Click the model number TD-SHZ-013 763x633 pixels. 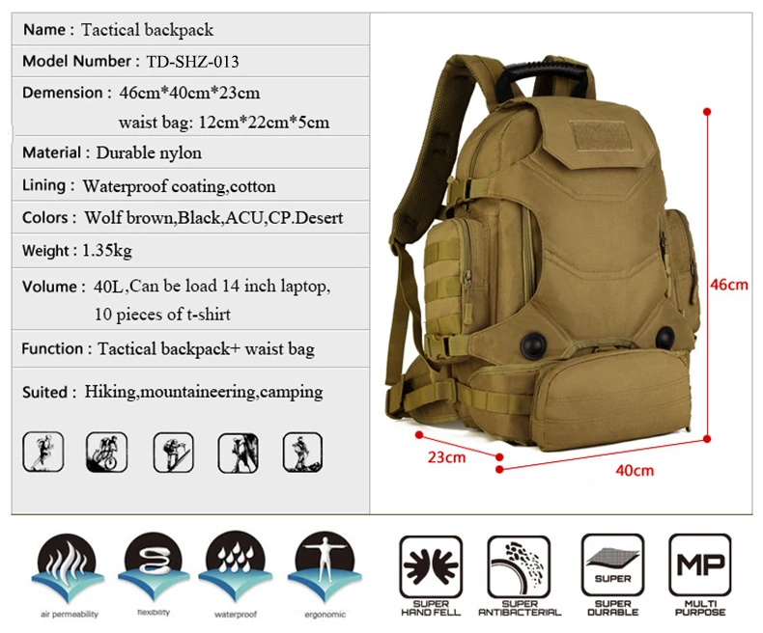[x=192, y=62]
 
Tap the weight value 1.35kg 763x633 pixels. [x=106, y=251]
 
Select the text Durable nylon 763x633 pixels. [x=149, y=152]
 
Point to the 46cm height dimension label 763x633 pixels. [x=731, y=285]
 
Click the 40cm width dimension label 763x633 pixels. [x=635, y=470]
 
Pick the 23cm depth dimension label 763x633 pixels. [x=446, y=456]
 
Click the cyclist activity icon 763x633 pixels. [x=105, y=451]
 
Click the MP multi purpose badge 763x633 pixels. [x=700, y=567]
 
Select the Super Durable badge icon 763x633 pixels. [x=612, y=567]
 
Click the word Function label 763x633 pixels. [x=53, y=348]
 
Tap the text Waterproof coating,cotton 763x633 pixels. [x=179, y=186]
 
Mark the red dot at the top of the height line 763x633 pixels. [x=707, y=112]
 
